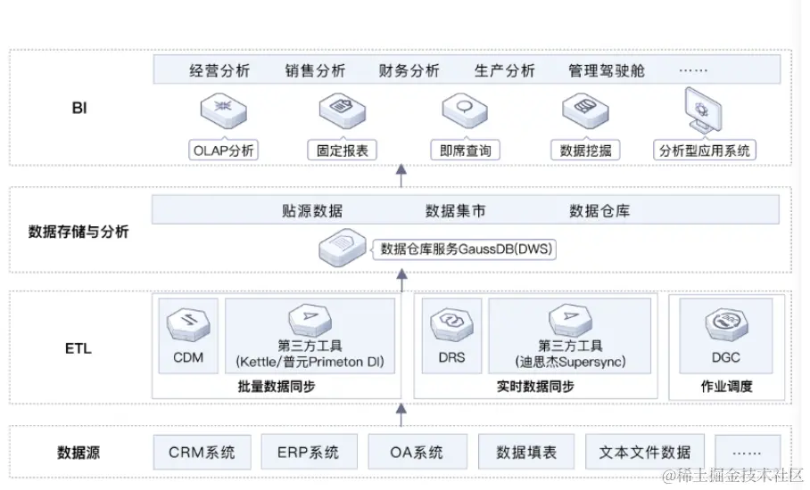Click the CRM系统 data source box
coord(202,453)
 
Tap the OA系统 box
coord(417,453)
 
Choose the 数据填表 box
coord(526,453)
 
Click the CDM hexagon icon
coord(188,323)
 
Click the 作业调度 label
coord(726,387)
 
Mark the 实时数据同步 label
coord(535,387)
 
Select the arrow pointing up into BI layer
coord(401,175)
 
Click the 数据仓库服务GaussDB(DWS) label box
coord(467,249)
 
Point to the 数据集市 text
coord(456,211)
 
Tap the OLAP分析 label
coord(224,151)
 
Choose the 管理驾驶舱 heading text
coord(606,70)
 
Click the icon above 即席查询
coord(464,110)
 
